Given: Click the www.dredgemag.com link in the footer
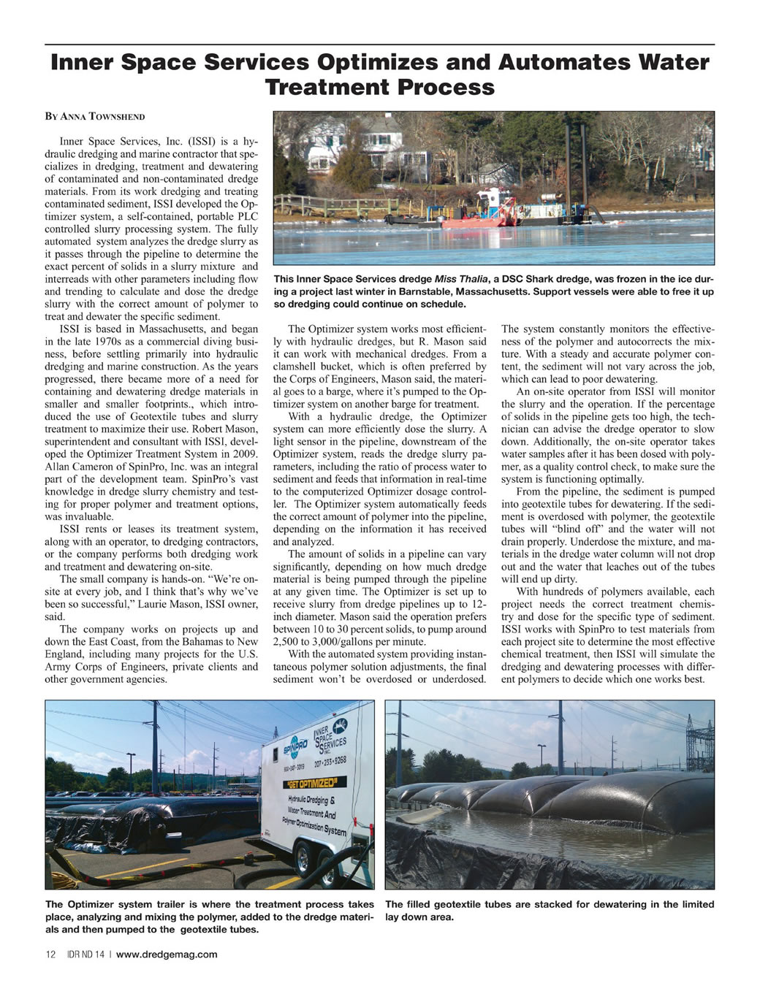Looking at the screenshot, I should click(x=167, y=954).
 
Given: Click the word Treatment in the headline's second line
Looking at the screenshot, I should click(x=328, y=88).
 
